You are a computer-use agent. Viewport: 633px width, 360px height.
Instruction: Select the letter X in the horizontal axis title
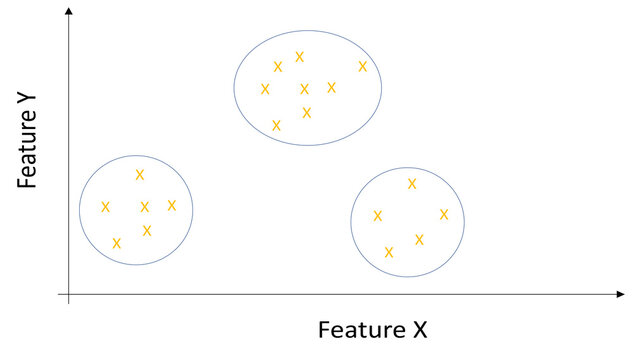point(419,329)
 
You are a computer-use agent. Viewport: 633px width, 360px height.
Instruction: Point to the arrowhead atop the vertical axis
point(68,11)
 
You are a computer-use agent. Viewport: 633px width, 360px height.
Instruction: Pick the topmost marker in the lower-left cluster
point(140,175)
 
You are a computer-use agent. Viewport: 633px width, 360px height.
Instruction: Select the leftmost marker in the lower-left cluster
point(105,207)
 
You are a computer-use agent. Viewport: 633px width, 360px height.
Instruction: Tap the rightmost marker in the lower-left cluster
point(172,205)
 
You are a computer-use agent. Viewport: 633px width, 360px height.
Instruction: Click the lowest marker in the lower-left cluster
point(117,243)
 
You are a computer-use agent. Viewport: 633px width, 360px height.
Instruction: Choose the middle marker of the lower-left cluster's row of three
point(145,207)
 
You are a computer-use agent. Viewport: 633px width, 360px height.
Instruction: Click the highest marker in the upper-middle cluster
point(299,57)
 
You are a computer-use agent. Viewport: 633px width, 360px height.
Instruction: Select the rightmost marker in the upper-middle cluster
point(363,67)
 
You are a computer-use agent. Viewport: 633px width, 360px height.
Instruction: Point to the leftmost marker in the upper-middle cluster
point(265,89)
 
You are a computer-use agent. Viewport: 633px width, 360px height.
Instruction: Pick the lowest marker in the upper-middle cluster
point(276,126)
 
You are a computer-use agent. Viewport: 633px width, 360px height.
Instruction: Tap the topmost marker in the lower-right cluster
point(412,184)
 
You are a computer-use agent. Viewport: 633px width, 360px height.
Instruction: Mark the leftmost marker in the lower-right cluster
point(378,216)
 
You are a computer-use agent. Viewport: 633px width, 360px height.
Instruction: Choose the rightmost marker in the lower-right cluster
point(444,214)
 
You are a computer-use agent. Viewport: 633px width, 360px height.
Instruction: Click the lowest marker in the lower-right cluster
point(389,252)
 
